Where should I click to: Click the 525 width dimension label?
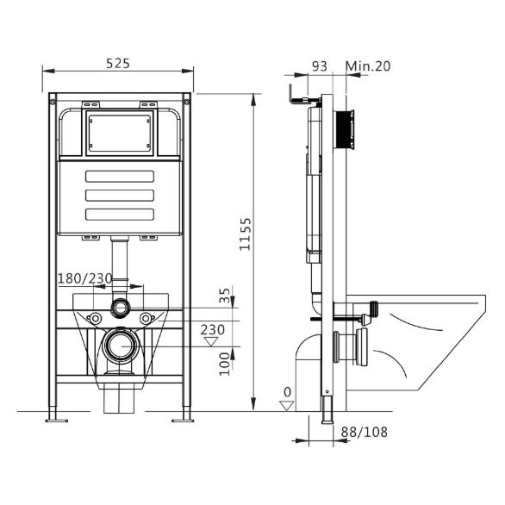[x=118, y=63]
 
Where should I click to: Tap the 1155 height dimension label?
[x=246, y=234]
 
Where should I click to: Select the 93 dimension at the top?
[x=320, y=66]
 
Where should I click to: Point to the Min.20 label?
[x=368, y=66]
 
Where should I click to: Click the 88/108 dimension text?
[x=365, y=433]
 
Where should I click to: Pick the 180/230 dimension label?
[x=85, y=278]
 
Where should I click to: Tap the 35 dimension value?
[x=225, y=296]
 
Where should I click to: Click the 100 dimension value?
[x=225, y=364]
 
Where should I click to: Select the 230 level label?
[x=213, y=329]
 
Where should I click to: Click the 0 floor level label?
[x=287, y=392]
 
